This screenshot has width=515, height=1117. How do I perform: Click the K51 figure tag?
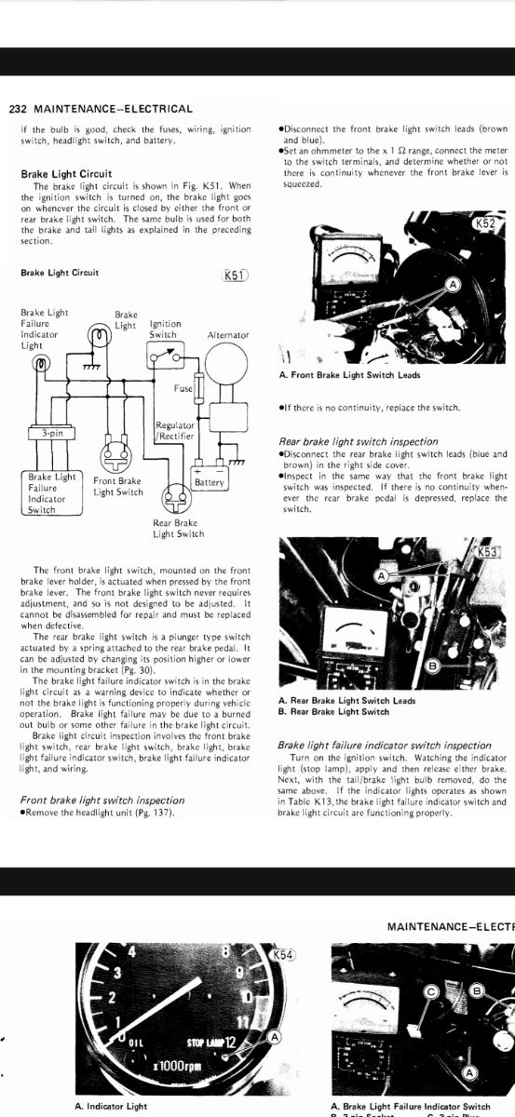tap(234, 276)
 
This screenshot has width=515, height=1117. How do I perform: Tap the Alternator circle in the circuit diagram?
tap(226, 362)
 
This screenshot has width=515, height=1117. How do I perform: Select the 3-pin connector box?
tap(52, 433)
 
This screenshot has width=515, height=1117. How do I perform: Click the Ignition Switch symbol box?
tap(165, 355)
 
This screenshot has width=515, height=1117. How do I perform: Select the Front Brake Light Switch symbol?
tap(116, 456)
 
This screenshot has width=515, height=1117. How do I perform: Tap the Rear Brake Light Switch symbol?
tap(177, 498)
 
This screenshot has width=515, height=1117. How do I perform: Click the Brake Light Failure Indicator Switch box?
tap(52, 493)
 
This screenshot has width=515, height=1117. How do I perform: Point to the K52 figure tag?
tap(486, 222)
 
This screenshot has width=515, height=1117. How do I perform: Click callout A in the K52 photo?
tap(454, 284)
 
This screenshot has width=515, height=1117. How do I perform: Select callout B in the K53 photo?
tap(432, 666)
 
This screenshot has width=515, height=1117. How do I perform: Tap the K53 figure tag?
tap(487, 552)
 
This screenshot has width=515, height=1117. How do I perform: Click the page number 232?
tap(18, 109)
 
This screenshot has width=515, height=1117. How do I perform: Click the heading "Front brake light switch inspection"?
tap(102, 801)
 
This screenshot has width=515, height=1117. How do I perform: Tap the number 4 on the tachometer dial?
tap(131, 951)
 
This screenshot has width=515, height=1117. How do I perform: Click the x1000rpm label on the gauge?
tap(178, 1066)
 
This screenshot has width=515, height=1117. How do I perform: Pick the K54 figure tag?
tap(282, 955)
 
